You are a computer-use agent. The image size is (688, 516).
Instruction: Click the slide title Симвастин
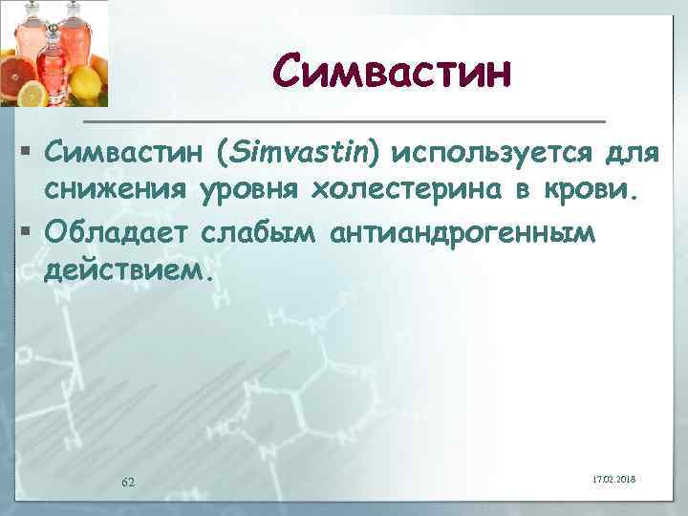pyautogui.click(x=392, y=71)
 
